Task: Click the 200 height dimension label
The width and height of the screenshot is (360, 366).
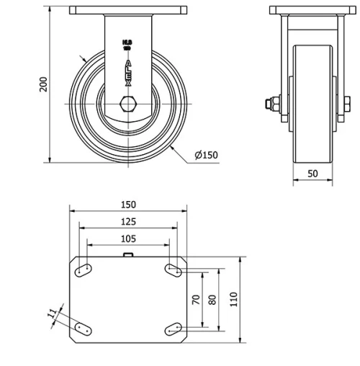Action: tap(42, 84)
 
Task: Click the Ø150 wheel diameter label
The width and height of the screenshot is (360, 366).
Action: tap(206, 154)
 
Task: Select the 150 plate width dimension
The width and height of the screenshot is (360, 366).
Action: tap(127, 204)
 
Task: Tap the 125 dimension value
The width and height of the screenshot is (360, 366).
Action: tap(127, 221)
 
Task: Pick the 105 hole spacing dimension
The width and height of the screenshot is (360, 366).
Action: tap(127, 238)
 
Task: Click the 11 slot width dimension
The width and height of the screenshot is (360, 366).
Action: tap(51, 313)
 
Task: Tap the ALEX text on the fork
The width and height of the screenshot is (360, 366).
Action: tap(128, 73)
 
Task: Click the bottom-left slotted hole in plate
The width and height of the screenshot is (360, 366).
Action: tap(82, 329)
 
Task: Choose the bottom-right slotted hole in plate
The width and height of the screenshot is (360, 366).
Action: tap(173, 329)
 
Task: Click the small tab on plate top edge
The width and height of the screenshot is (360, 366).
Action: tap(127, 254)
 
